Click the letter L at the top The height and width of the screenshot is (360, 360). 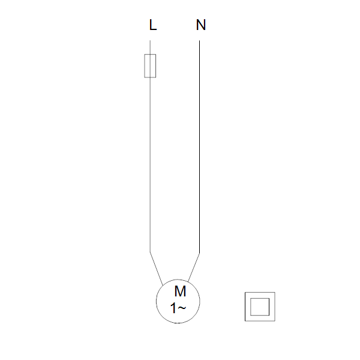click(x=152, y=25)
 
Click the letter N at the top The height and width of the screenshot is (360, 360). click(x=201, y=25)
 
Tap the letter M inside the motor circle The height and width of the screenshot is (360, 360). click(x=180, y=292)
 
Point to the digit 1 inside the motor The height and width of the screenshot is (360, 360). click(x=173, y=308)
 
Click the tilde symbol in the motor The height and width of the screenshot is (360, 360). click(x=181, y=308)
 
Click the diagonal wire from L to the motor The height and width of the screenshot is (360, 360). click(x=157, y=269)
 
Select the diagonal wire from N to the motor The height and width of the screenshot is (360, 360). click(x=194, y=267)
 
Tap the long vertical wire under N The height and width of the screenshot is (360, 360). click(x=199, y=147)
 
